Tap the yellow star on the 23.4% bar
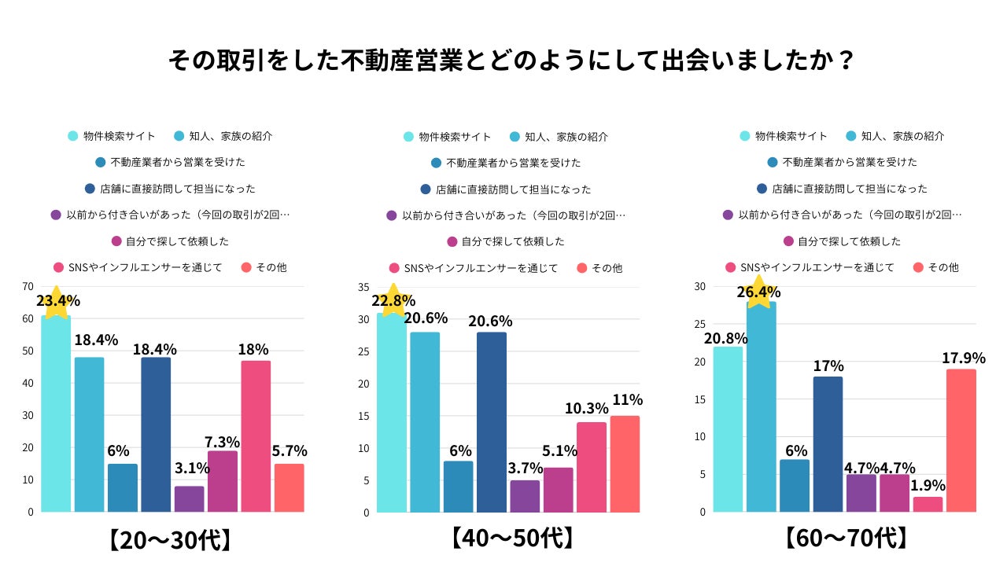tap(56, 302)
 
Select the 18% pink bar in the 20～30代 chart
tap(256, 436)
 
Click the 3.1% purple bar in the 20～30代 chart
tap(190, 498)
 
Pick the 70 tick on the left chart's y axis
tap(28, 286)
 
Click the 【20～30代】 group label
tap(170, 540)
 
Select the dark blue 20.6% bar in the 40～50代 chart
tap(492, 422)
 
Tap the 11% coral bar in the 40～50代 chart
tap(625, 464)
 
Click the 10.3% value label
tap(586, 409)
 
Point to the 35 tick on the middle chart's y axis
tap(363, 287)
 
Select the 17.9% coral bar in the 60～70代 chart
tap(961, 440)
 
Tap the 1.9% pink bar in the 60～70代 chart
tap(928, 504)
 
